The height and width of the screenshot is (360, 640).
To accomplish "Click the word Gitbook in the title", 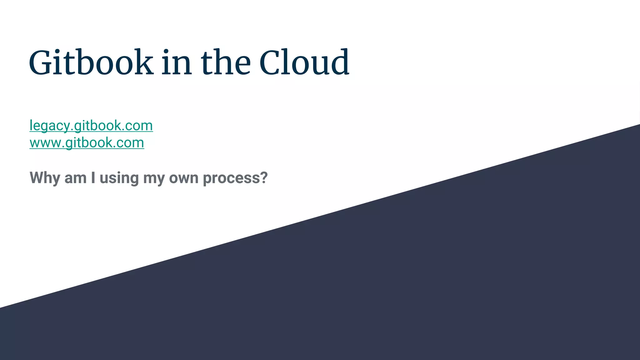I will pyautogui.click(x=91, y=62).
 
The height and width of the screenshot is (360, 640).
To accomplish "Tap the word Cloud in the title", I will pyautogui.click(x=304, y=62).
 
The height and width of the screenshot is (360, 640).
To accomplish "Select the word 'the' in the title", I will pyautogui.click(x=226, y=62).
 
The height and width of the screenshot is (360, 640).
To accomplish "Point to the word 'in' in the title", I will pyautogui.click(x=177, y=62).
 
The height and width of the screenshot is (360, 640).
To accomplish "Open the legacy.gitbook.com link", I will pyautogui.click(x=91, y=126).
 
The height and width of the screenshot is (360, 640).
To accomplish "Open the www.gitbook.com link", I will pyautogui.click(x=87, y=143).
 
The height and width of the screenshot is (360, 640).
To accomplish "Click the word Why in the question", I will pyautogui.click(x=45, y=178).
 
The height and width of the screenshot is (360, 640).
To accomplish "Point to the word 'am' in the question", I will pyautogui.click(x=75, y=178).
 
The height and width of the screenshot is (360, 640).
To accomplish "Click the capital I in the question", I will pyautogui.click(x=93, y=177).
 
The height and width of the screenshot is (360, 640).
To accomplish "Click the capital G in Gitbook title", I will pyautogui.click(x=41, y=62).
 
